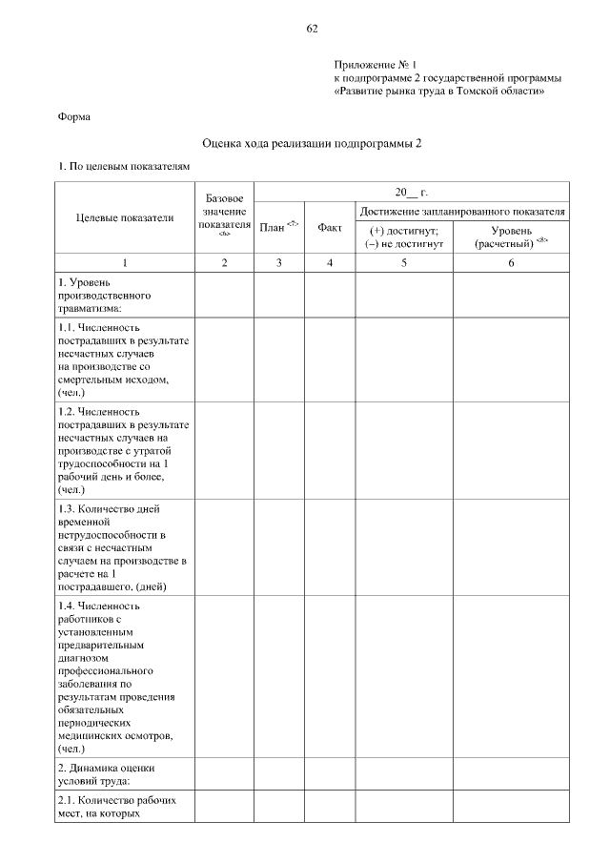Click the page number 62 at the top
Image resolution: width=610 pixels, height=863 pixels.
(x=312, y=28)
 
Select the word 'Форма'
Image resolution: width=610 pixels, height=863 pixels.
(x=74, y=117)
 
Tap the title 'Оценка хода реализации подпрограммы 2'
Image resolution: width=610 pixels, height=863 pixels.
(x=312, y=143)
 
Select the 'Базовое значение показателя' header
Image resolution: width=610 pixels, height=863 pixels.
(x=224, y=216)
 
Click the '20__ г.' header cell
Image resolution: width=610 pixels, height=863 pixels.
(x=412, y=192)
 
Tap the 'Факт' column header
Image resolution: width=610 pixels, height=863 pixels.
(x=330, y=228)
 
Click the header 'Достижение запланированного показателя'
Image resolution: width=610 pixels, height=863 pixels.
(x=462, y=210)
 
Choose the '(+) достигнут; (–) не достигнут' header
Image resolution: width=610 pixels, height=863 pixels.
(x=404, y=236)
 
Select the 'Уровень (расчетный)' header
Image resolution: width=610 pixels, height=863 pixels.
(x=511, y=236)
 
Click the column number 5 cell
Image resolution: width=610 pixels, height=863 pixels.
(x=404, y=261)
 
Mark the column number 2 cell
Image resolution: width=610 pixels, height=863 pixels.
(x=224, y=261)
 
